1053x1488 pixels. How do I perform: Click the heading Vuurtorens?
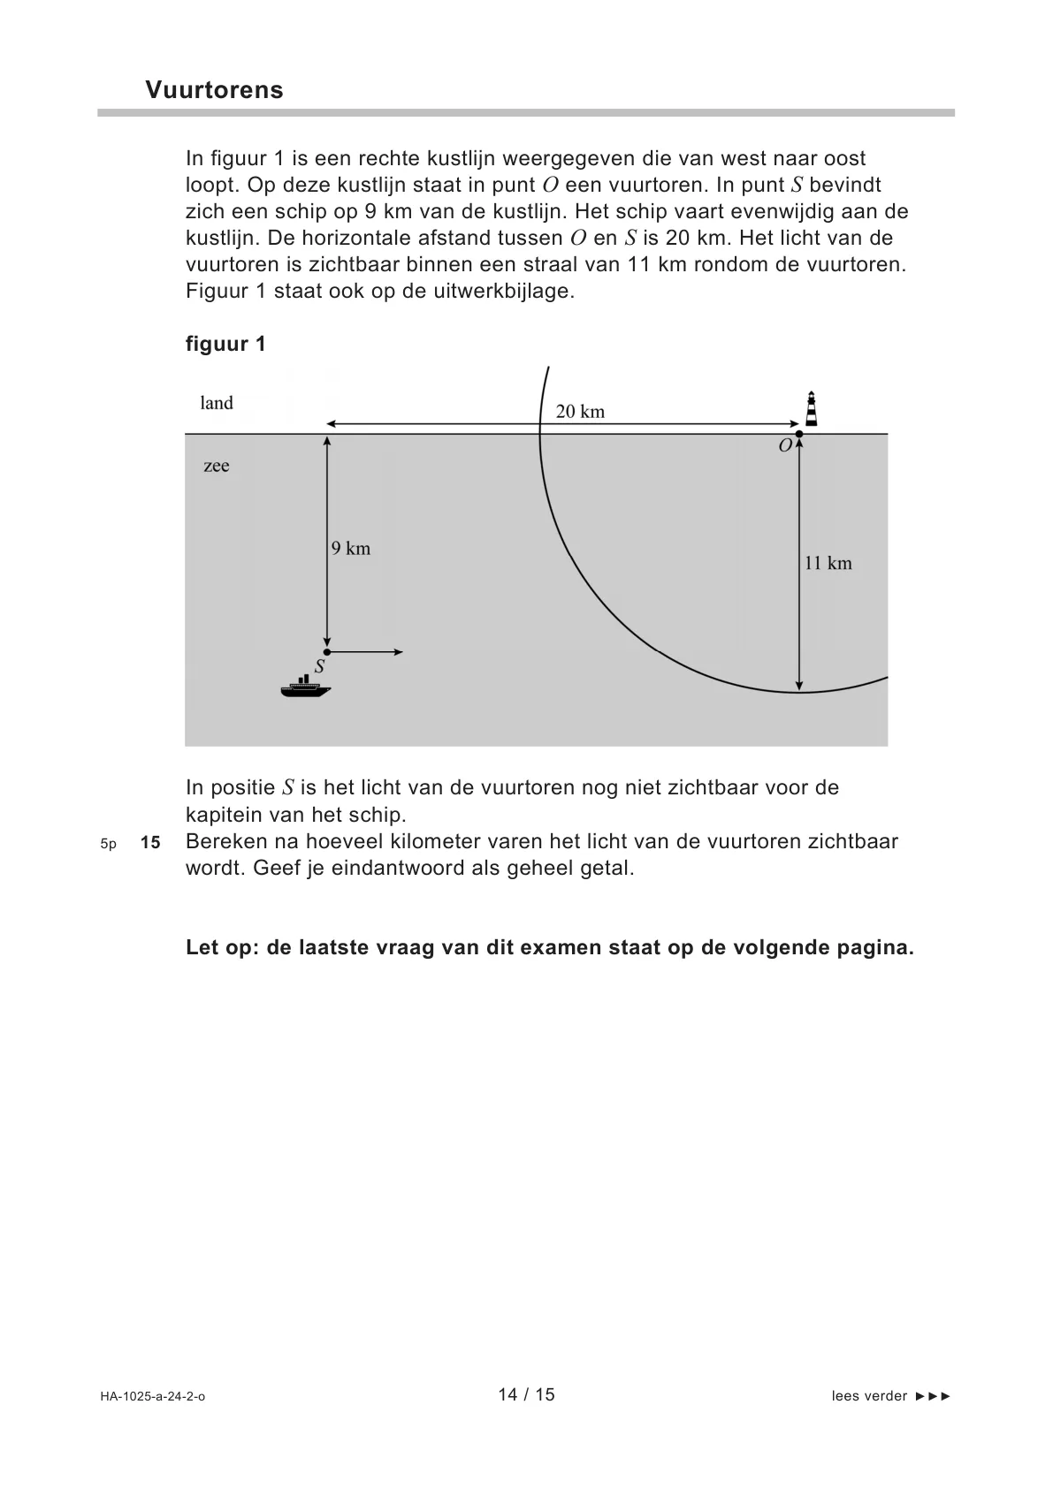(214, 90)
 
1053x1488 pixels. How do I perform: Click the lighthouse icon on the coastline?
(811, 409)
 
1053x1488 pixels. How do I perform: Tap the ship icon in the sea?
(305, 687)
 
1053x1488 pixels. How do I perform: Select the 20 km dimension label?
(580, 411)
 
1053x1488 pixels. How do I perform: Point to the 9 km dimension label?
(351, 549)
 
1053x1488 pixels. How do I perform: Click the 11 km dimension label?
(828, 563)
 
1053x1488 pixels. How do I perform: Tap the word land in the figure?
(217, 403)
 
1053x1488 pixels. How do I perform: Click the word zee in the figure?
(217, 466)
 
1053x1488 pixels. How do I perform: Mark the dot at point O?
(799, 434)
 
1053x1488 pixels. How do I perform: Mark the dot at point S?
(327, 651)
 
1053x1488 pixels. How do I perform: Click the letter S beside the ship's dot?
(319, 667)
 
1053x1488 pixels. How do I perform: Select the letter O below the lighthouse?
(785, 447)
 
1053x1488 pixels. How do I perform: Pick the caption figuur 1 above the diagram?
(225, 344)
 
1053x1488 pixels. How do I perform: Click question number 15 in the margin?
(150, 842)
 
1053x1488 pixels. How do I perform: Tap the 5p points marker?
(108, 844)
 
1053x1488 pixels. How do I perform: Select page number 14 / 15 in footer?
(526, 1394)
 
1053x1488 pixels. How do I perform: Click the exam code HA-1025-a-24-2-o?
(152, 1396)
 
